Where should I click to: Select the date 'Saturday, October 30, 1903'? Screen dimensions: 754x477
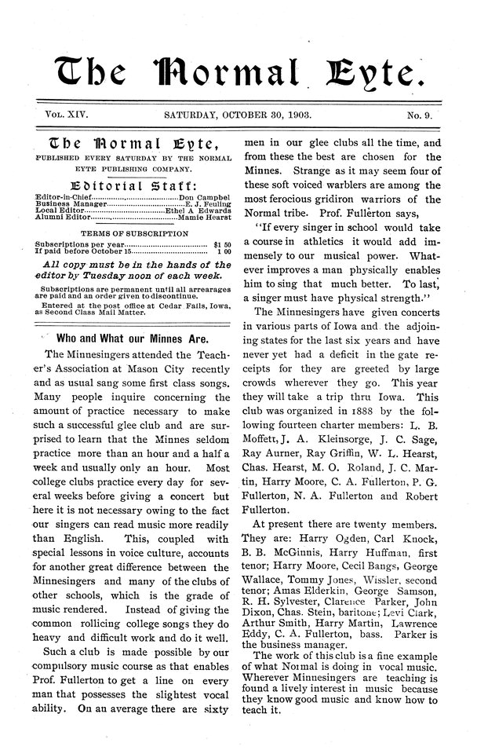(x=238, y=114)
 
